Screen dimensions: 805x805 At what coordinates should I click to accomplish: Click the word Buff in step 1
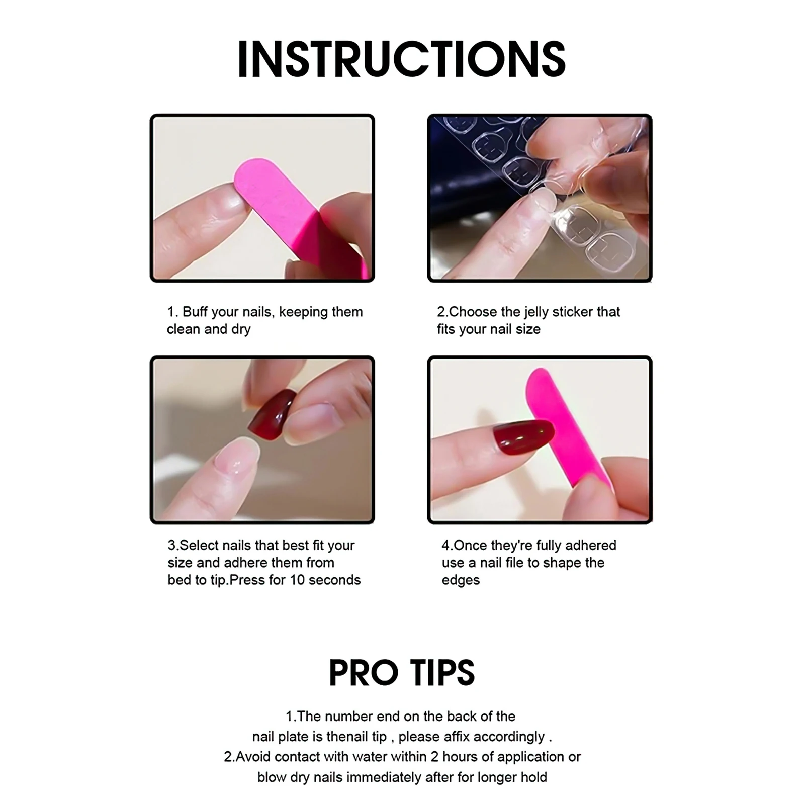click(x=195, y=312)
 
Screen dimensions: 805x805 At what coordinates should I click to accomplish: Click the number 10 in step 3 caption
click(x=297, y=580)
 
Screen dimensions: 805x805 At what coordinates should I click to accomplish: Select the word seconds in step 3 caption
click(x=334, y=580)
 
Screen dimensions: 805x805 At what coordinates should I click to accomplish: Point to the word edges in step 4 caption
click(x=461, y=580)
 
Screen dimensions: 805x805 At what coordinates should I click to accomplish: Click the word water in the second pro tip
click(x=370, y=757)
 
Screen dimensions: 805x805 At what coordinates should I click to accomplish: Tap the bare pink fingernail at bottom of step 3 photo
click(x=236, y=458)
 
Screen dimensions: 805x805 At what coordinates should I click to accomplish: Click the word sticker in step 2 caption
click(x=572, y=312)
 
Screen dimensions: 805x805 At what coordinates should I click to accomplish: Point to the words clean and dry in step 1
click(x=209, y=329)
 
